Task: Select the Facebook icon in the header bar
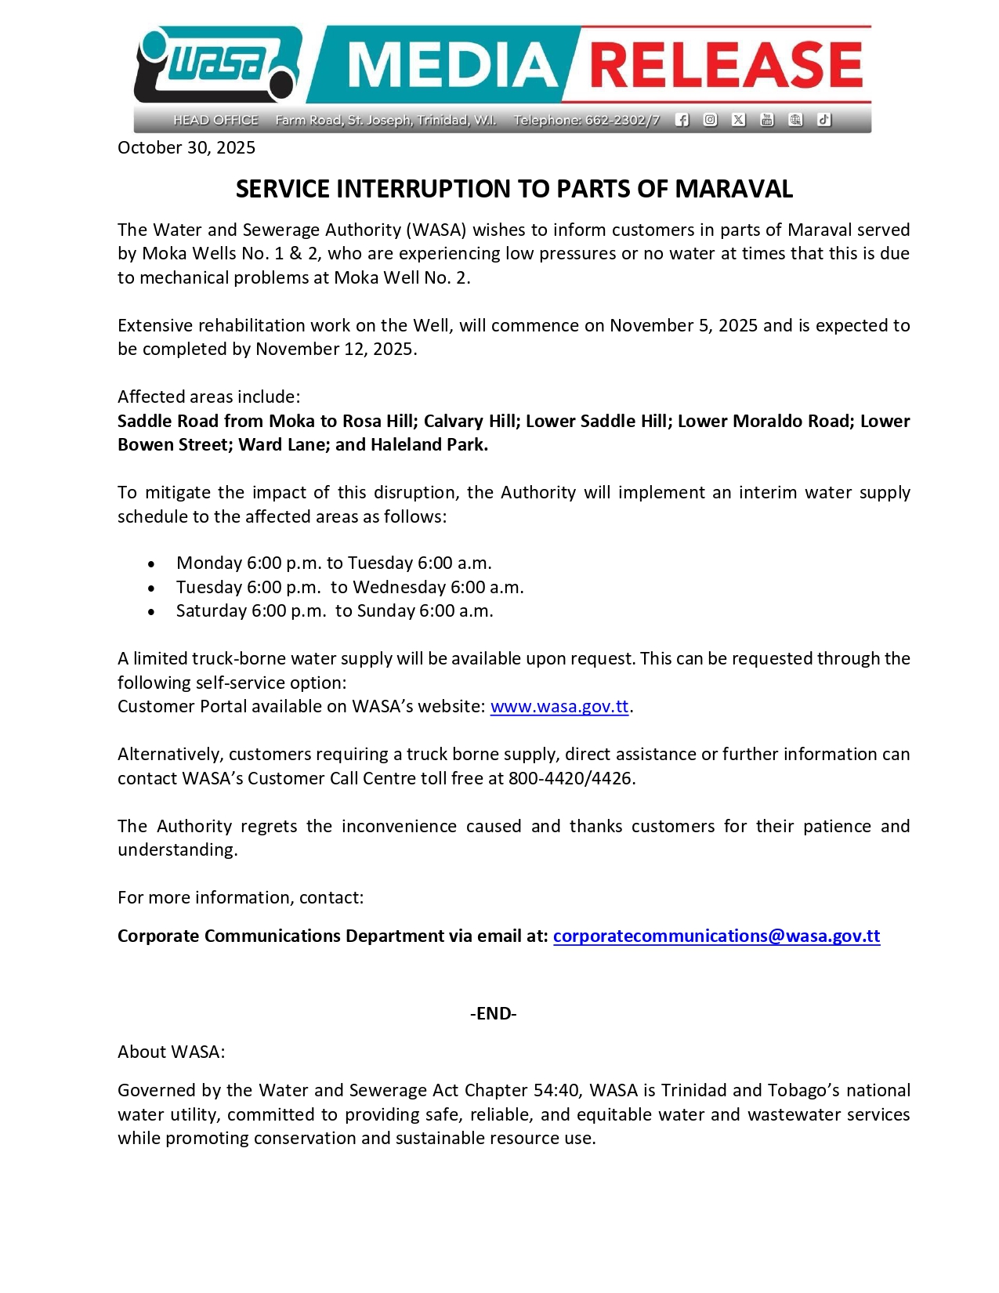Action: (682, 120)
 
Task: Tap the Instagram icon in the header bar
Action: (710, 120)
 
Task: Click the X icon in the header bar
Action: (738, 120)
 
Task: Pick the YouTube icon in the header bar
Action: (767, 120)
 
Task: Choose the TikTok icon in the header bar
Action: (823, 120)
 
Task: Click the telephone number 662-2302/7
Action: (622, 120)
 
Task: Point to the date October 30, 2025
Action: (186, 148)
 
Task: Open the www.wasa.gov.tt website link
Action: (559, 707)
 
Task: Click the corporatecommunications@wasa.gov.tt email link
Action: (716, 936)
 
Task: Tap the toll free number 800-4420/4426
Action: (570, 779)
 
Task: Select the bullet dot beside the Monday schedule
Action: (151, 564)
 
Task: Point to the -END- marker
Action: (494, 1014)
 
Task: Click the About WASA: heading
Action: (172, 1052)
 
